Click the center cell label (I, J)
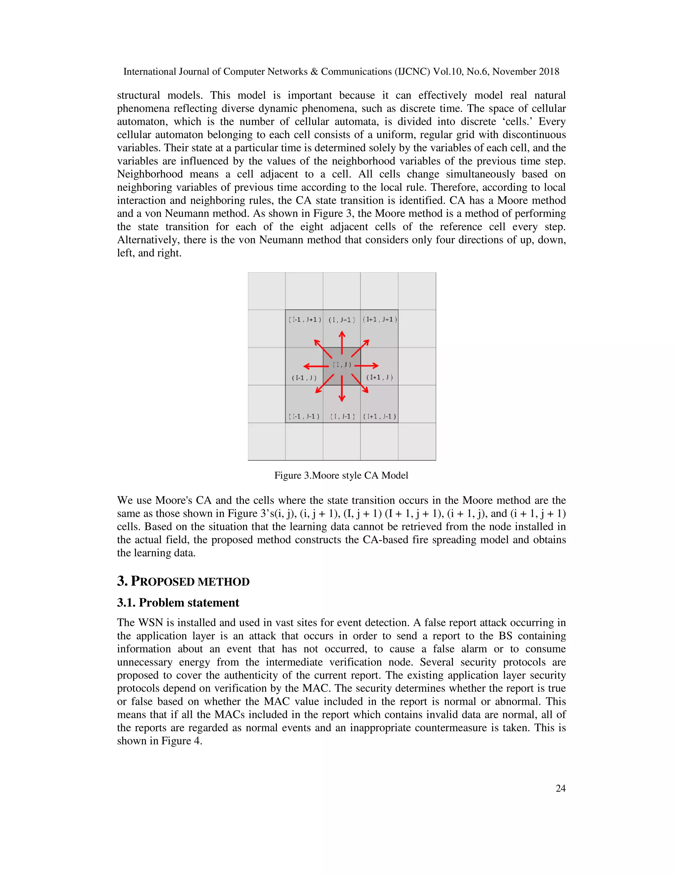[342, 365]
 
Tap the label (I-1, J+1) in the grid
[305, 320]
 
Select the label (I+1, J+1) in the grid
[380, 319]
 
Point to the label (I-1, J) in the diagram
[304, 378]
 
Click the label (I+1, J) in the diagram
[380, 377]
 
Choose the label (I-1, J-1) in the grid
[304, 417]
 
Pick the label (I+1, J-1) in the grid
[380, 417]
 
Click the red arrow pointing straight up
[342, 342]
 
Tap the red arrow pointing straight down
[342, 389]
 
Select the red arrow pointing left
[316, 366]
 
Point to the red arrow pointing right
[366, 366]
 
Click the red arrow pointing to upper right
[360, 348]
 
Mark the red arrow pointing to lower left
[324, 384]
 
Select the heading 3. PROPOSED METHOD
[183, 581]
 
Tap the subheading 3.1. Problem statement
[178, 603]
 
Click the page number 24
[560, 788]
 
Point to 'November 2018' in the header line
[526, 72]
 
